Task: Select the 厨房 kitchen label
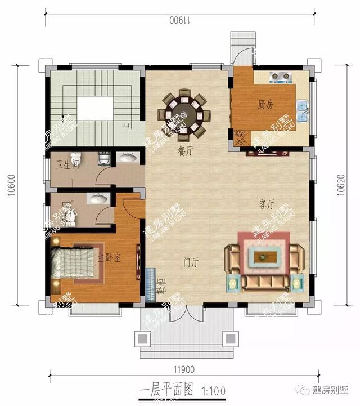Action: click(265, 104)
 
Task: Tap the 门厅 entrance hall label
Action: click(192, 262)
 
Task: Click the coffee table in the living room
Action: click(264, 257)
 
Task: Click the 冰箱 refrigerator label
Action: click(240, 137)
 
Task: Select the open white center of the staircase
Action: click(93, 109)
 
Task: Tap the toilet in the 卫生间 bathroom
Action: click(75, 158)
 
